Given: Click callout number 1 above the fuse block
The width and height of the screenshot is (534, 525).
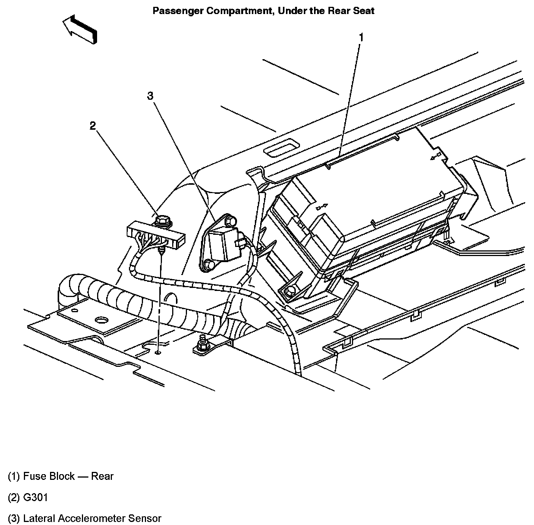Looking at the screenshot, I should pyautogui.click(x=361, y=38).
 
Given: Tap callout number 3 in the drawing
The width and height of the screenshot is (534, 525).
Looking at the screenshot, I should pyautogui.click(x=151, y=96).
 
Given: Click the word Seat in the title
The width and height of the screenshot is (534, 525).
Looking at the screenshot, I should pyautogui.click(x=364, y=11).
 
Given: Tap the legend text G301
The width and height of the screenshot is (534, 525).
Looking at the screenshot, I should pyautogui.click(x=36, y=497).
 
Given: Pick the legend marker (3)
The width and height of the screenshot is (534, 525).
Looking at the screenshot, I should pyautogui.click(x=14, y=518).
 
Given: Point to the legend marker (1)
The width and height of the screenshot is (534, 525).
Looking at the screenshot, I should pyautogui.click(x=14, y=476).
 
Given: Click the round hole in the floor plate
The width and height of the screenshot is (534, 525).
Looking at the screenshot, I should pyautogui.click(x=101, y=320).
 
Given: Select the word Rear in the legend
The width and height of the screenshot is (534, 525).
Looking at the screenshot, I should pyautogui.click(x=102, y=476).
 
